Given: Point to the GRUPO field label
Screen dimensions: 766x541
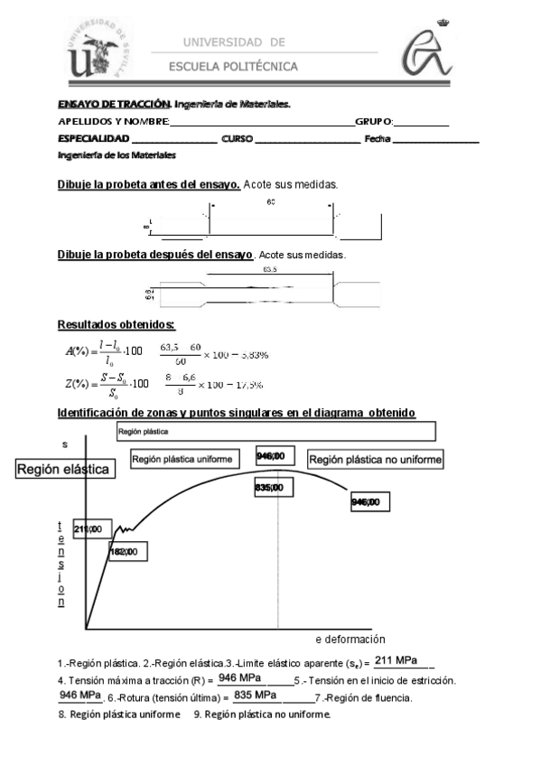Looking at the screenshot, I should [x=373, y=121].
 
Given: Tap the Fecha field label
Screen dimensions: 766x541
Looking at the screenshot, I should [x=377, y=138].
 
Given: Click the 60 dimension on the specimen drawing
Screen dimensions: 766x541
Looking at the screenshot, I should [x=271, y=201].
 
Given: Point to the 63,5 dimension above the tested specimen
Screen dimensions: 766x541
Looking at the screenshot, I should [x=271, y=269].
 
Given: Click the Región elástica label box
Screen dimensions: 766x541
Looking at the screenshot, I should [x=62, y=470].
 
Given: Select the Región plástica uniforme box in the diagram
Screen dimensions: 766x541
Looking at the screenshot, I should [x=188, y=459].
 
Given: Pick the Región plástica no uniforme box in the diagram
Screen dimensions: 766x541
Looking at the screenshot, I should [x=376, y=460].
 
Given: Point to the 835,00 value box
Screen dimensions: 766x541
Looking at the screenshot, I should [x=270, y=488].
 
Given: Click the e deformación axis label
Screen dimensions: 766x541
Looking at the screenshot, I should [x=350, y=638].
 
